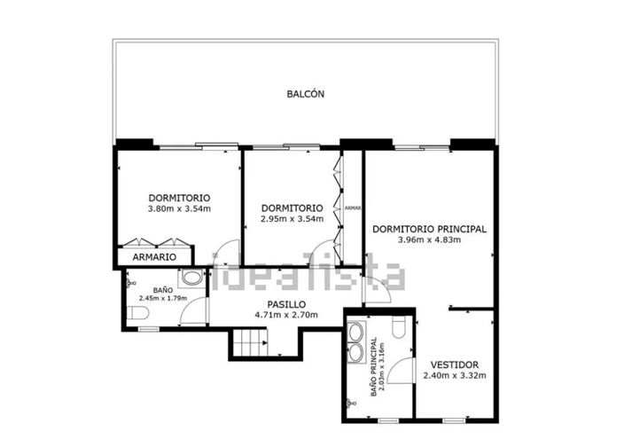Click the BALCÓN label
[x=306, y=93]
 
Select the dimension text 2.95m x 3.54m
[x=292, y=219]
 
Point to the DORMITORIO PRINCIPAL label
[x=429, y=228]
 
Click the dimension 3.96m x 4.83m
[x=429, y=239]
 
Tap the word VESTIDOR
[x=454, y=365]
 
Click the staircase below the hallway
[x=250, y=341]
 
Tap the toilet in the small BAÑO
[x=136, y=314]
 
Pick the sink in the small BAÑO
[x=190, y=278]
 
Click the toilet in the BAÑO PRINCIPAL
[x=398, y=329]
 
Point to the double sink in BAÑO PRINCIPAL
[x=356, y=342]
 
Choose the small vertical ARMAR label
[x=352, y=208]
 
